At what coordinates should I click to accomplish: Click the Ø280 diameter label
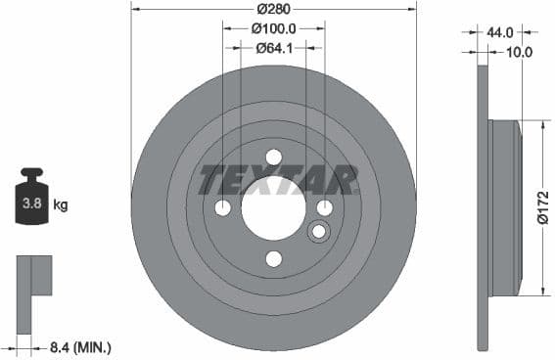(x=274, y=9)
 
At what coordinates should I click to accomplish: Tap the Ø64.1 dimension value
(x=274, y=47)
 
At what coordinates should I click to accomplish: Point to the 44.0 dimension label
(x=499, y=32)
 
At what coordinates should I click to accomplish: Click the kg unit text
(x=61, y=205)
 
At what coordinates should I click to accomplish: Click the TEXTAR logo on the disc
(x=278, y=179)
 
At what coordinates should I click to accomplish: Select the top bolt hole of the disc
(x=274, y=157)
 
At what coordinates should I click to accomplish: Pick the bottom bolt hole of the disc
(x=274, y=258)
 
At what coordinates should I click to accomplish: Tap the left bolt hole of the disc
(x=223, y=207)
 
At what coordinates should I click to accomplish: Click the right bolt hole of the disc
(x=325, y=207)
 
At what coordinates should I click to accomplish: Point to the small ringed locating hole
(x=318, y=232)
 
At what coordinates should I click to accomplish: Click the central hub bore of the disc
(x=274, y=208)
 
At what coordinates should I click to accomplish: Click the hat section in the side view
(x=503, y=207)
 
